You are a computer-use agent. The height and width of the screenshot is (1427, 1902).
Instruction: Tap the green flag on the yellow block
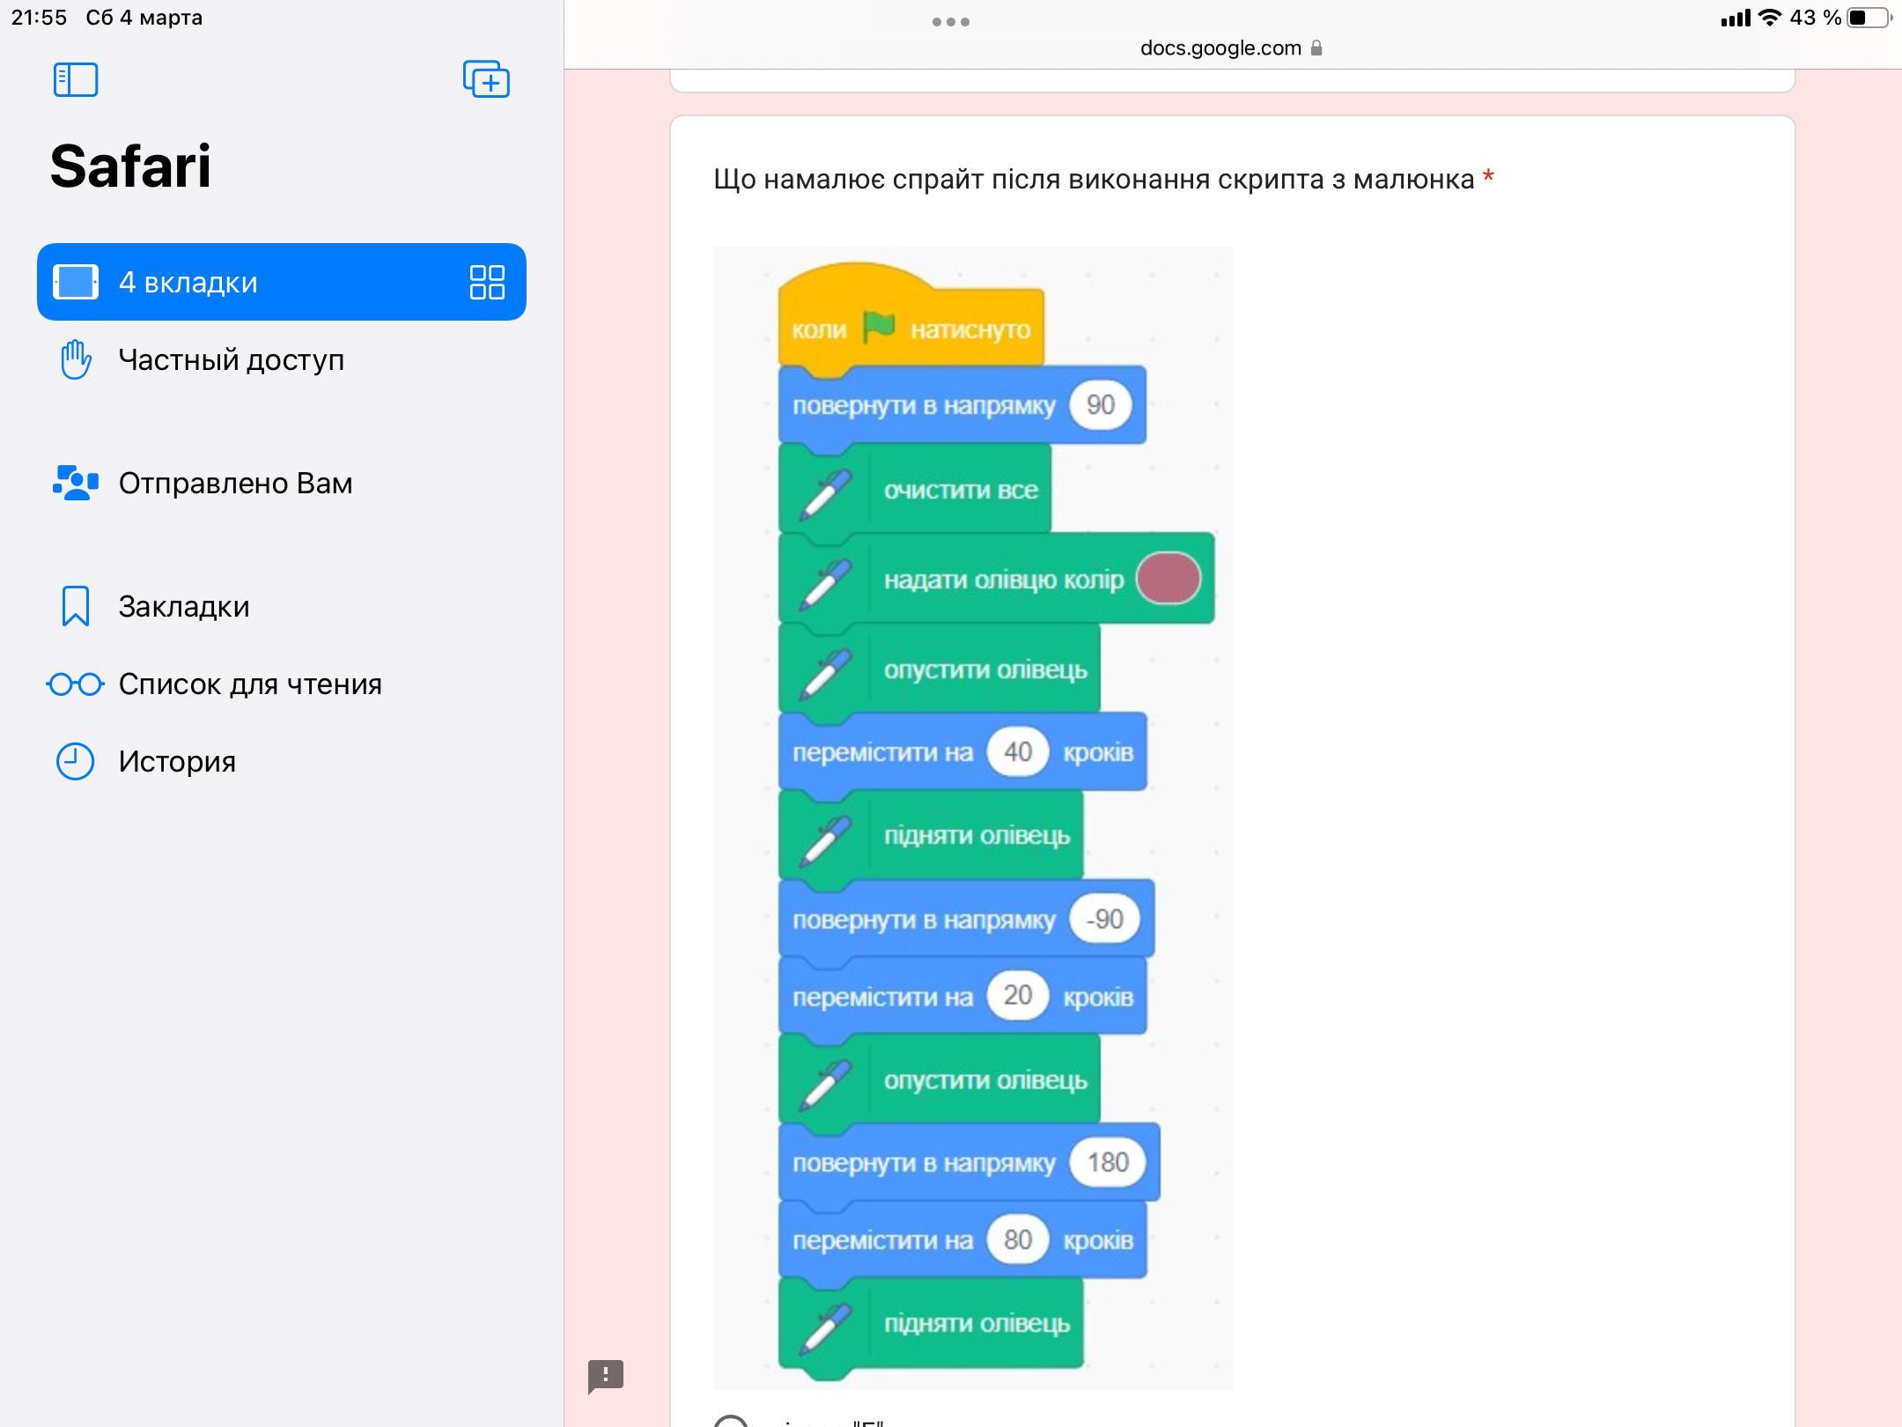pyautogui.click(x=879, y=328)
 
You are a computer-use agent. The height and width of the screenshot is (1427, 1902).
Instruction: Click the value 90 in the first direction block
pyautogui.click(x=1100, y=405)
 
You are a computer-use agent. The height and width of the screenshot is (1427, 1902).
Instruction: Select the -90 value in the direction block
pyautogui.click(x=1104, y=920)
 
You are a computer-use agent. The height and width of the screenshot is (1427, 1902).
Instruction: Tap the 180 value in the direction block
pyautogui.click(x=1108, y=1163)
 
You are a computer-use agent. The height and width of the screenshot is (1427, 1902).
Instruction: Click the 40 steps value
pyautogui.click(x=1017, y=752)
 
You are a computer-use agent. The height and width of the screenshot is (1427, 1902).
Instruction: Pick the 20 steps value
pyautogui.click(x=1017, y=995)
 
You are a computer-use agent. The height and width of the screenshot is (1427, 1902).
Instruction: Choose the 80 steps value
pyautogui.click(x=1017, y=1240)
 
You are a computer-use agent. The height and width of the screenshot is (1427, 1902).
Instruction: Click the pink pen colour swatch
pyautogui.click(x=1168, y=579)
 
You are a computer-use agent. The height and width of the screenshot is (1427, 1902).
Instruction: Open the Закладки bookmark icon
pyautogui.click(x=76, y=606)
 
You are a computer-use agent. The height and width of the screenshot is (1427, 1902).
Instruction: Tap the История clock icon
pyautogui.click(x=76, y=761)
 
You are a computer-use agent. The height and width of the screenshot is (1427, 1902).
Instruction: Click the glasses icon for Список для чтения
pyautogui.click(x=76, y=684)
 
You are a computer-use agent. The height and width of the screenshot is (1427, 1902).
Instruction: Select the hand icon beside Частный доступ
pyautogui.click(x=76, y=359)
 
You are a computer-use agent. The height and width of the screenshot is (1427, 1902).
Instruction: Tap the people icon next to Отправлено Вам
pyautogui.click(x=76, y=483)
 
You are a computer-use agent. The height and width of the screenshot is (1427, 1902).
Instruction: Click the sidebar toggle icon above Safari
pyautogui.click(x=76, y=80)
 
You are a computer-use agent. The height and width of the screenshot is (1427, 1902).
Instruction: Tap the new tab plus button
pyautogui.click(x=487, y=80)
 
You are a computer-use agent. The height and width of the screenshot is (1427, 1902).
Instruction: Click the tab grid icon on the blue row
pyautogui.click(x=487, y=283)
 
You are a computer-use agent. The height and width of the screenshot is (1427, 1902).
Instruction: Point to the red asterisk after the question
pyautogui.click(x=1488, y=176)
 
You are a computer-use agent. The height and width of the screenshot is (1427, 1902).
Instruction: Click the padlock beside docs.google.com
pyautogui.click(x=1316, y=48)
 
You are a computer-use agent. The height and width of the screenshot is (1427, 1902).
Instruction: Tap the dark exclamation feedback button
pyautogui.click(x=606, y=1376)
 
